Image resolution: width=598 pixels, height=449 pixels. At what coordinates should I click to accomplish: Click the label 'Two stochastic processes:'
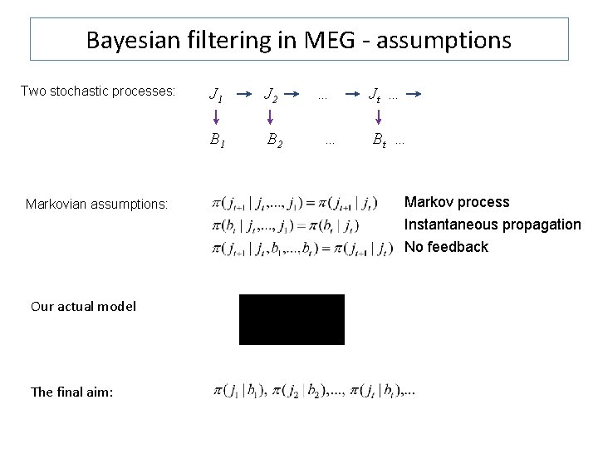98,91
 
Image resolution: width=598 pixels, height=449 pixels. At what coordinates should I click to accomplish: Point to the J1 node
217,96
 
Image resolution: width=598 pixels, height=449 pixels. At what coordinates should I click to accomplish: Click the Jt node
376,96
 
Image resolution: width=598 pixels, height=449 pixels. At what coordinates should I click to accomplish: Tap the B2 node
274,141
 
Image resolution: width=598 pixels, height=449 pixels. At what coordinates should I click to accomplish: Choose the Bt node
378,141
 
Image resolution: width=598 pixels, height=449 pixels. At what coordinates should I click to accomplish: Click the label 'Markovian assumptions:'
97,204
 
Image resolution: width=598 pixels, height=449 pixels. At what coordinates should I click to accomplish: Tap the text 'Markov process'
457,202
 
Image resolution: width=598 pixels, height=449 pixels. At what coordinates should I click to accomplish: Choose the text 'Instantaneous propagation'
493,224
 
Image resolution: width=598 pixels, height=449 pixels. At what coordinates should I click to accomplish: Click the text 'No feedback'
446,247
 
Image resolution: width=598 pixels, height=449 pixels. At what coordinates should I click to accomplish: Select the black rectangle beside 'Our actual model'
292,318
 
